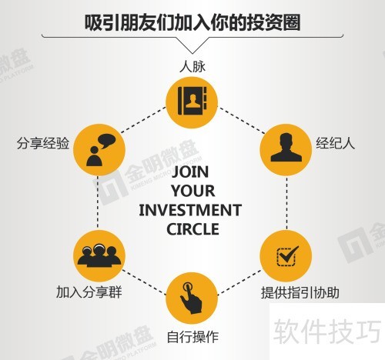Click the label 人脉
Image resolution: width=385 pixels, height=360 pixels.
(x=192, y=66)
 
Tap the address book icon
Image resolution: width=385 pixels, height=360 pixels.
(x=192, y=101)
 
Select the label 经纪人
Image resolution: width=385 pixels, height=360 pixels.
(x=335, y=143)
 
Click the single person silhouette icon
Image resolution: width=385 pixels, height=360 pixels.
(x=286, y=148)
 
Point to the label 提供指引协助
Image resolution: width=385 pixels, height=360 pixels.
(x=300, y=292)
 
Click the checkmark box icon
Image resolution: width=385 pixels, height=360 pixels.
(x=287, y=256)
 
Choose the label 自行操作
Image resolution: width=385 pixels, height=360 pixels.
(x=192, y=337)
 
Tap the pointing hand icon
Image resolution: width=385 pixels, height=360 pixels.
(x=191, y=298)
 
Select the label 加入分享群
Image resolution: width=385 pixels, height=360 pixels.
(x=89, y=292)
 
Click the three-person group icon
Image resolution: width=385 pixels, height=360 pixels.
(x=99, y=255)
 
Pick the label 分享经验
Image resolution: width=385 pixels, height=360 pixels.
(x=43, y=143)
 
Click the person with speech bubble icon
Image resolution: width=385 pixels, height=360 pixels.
(x=101, y=150)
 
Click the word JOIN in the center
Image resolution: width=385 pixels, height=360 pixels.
(x=190, y=172)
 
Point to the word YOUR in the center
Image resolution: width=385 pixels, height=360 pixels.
(x=192, y=191)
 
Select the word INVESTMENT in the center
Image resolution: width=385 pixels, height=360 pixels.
(x=190, y=210)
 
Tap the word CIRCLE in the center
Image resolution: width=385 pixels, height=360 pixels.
(x=192, y=229)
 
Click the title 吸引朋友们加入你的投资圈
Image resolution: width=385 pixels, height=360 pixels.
(x=192, y=22)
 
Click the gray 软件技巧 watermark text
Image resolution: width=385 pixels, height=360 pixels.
(x=327, y=332)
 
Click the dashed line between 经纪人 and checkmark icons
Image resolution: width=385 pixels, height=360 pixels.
(x=286, y=202)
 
